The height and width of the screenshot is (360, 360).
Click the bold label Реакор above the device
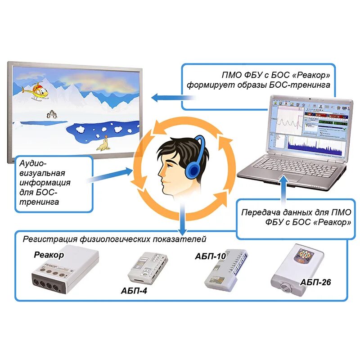click(49, 255)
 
